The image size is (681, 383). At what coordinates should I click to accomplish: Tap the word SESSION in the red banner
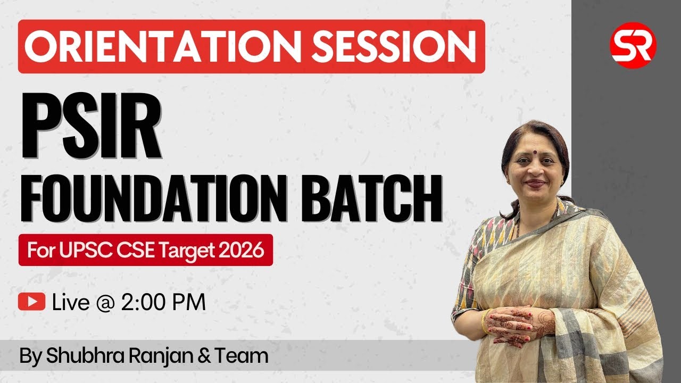[x=394, y=46]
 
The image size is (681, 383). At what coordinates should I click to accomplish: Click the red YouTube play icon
[x=31, y=302]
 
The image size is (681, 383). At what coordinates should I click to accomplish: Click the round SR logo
[x=633, y=45]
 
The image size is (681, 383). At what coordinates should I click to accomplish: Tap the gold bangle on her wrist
[x=485, y=321]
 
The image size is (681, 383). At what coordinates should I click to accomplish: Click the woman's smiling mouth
[x=535, y=184]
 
